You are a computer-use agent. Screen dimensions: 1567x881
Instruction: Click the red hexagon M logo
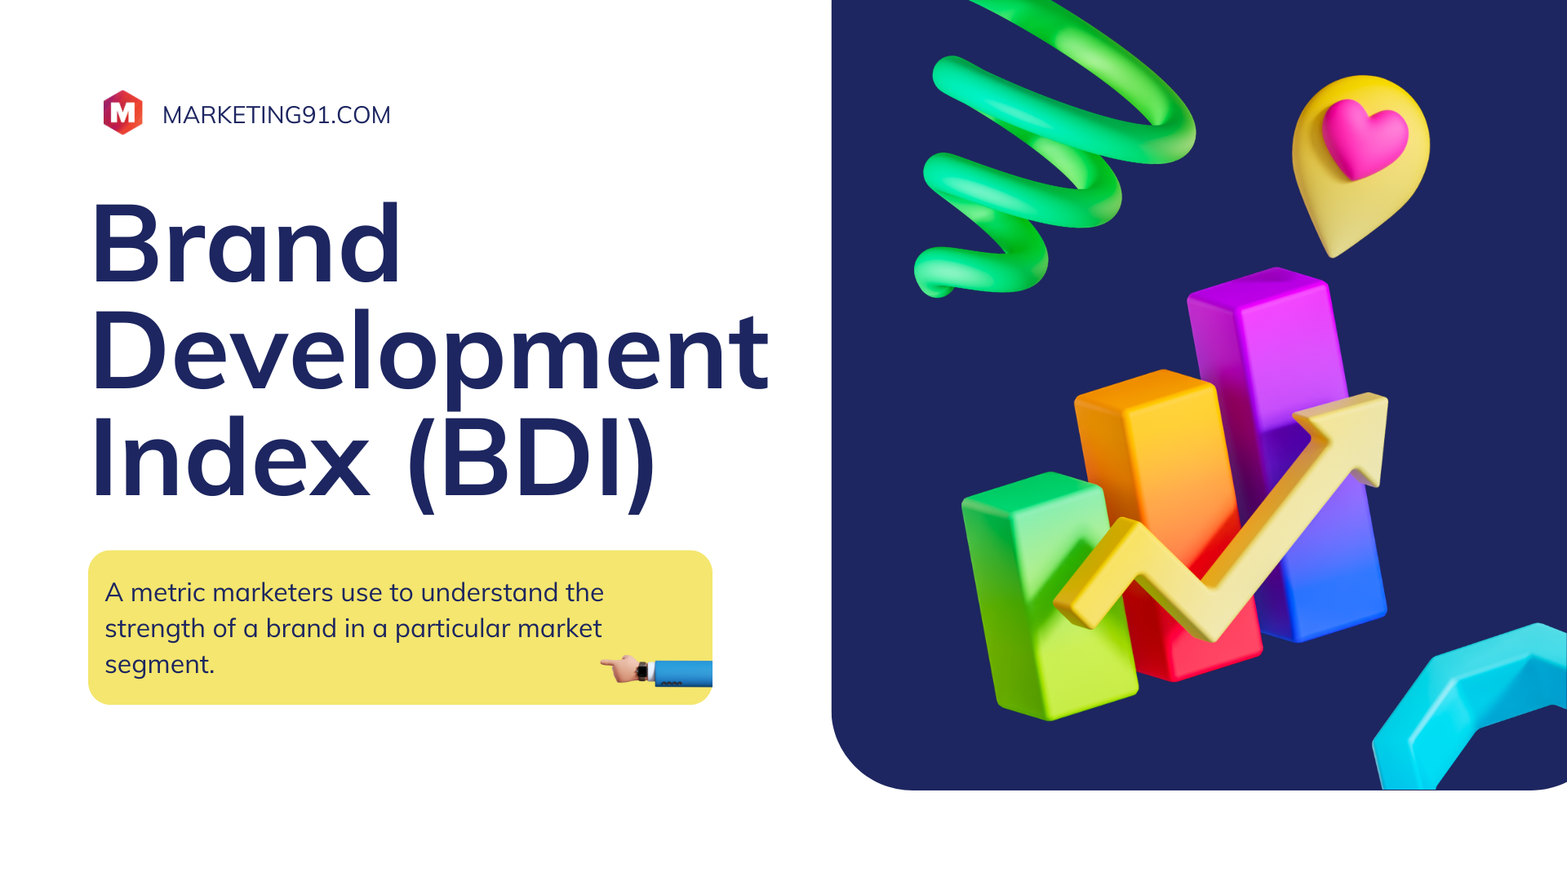pyautogui.click(x=123, y=113)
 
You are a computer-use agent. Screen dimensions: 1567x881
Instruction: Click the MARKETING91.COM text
pyautogui.click(x=277, y=115)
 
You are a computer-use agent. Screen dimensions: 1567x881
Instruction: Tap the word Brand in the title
pyautogui.click(x=246, y=245)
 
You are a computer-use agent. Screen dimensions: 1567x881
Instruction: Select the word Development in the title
pyautogui.click(x=430, y=352)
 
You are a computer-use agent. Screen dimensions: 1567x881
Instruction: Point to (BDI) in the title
pyautogui.click(x=531, y=461)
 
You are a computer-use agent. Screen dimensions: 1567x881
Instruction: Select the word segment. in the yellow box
pyautogui.click(x=159, y=666)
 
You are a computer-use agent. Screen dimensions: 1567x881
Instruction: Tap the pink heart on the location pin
pyautogui.click(x=1365, y=139)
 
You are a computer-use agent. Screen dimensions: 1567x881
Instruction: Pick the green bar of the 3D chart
pyautogui.click(x=1049, y=595)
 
